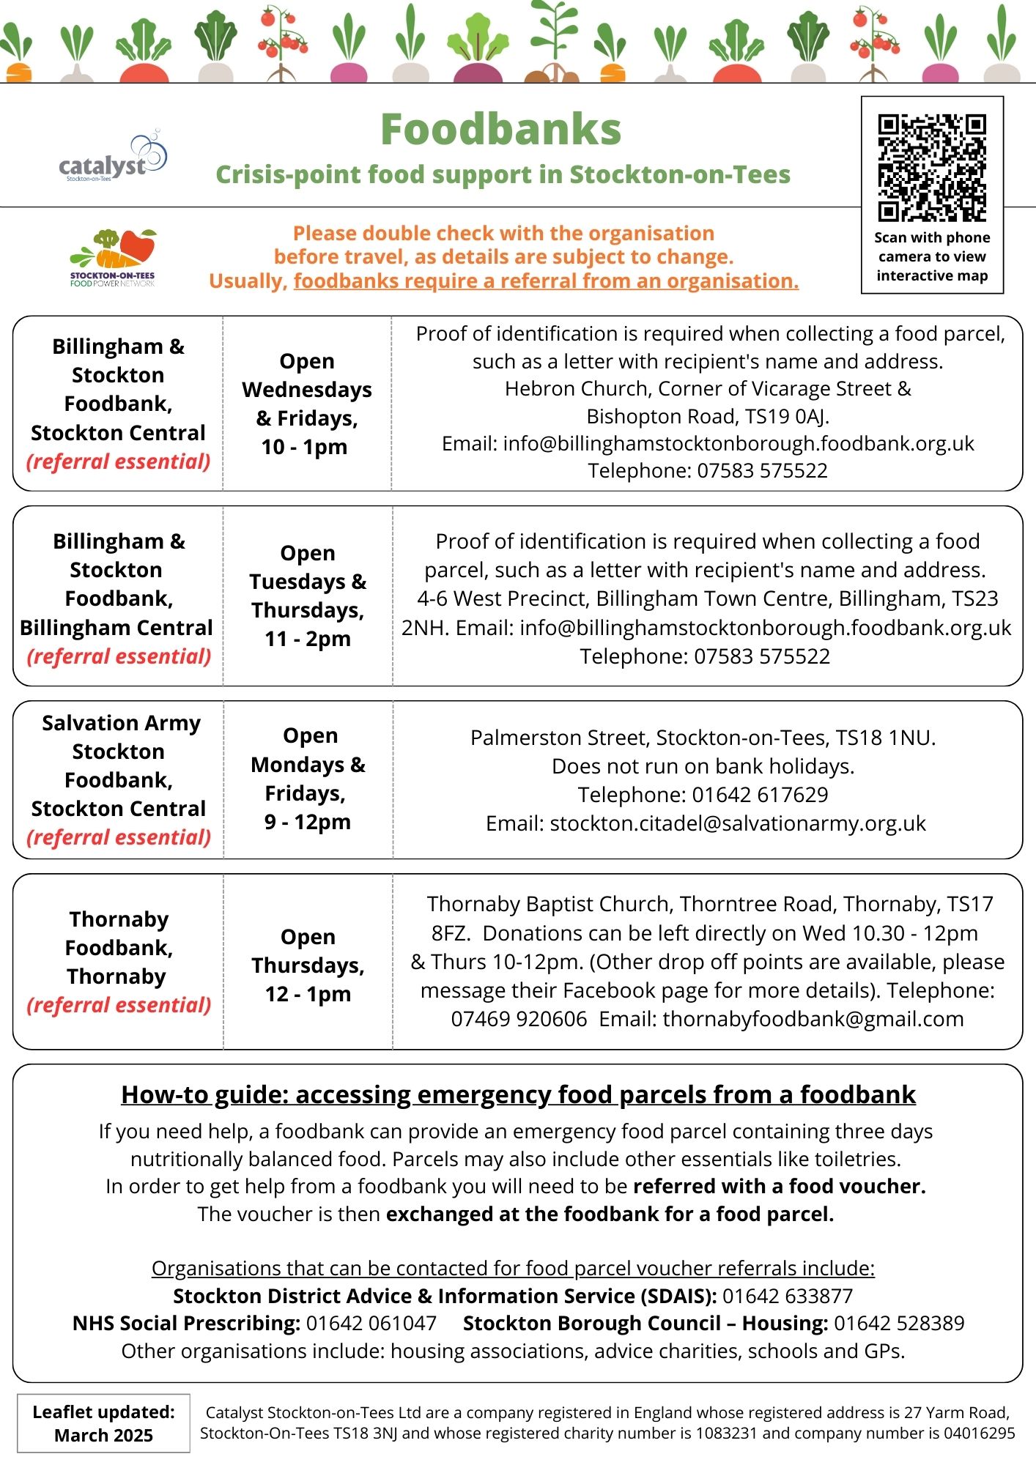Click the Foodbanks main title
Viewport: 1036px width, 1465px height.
pos(501,130)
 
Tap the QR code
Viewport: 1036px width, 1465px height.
pos(932,167)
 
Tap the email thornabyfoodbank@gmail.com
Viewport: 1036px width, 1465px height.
pos(813,1019)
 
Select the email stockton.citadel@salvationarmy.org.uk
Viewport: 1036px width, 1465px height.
pos(738,823)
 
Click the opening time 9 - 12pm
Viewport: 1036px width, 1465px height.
pos(308,822)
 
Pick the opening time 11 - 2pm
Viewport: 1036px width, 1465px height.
pos(308,639)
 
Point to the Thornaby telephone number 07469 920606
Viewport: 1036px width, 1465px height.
pos(519,1019)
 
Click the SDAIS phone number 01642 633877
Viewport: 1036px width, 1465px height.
pos(788,1296)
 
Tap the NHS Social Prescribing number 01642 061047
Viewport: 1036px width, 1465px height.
pos(371,1324)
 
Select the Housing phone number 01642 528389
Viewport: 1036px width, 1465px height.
pos(899,1324)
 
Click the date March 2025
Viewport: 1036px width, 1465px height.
pos(103,1436)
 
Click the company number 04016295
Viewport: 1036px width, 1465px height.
pos(978,1434)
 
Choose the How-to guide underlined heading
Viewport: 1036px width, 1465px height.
pos(518,1094)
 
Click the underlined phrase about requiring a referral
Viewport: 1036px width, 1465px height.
pos(546,281)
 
